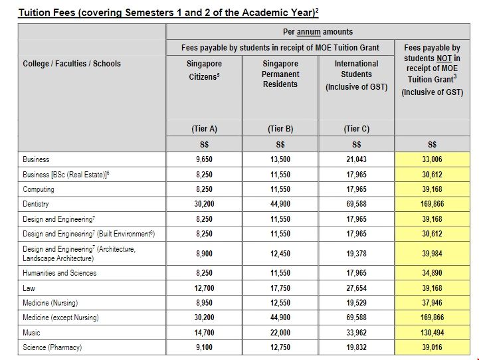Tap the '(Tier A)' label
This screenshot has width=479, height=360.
click(204, 129)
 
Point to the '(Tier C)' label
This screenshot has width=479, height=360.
click(357, 129)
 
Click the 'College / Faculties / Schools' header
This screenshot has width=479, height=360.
click(72, 64)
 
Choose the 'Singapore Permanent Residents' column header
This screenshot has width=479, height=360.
click(280, 74)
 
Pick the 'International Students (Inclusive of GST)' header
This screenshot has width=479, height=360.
click(357, 75)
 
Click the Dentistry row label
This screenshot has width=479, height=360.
click(36, 204)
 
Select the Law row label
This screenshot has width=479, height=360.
click(29, 288)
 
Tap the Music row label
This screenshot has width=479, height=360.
click(31, 332)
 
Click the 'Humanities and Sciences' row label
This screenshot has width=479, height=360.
click(59, 273)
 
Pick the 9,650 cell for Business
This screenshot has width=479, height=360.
click(204, 159)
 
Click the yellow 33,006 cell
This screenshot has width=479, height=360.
click(432, 159)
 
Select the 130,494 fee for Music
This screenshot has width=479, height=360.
click(432, 332)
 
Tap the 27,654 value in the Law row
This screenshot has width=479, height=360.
click(357, 288)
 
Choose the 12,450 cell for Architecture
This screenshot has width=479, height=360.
click(280, 253)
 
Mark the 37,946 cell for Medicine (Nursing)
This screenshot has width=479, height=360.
click(432, 302)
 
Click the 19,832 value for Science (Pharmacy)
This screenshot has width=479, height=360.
click(357, 347)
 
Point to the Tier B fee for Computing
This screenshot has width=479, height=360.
click(280, 189)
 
